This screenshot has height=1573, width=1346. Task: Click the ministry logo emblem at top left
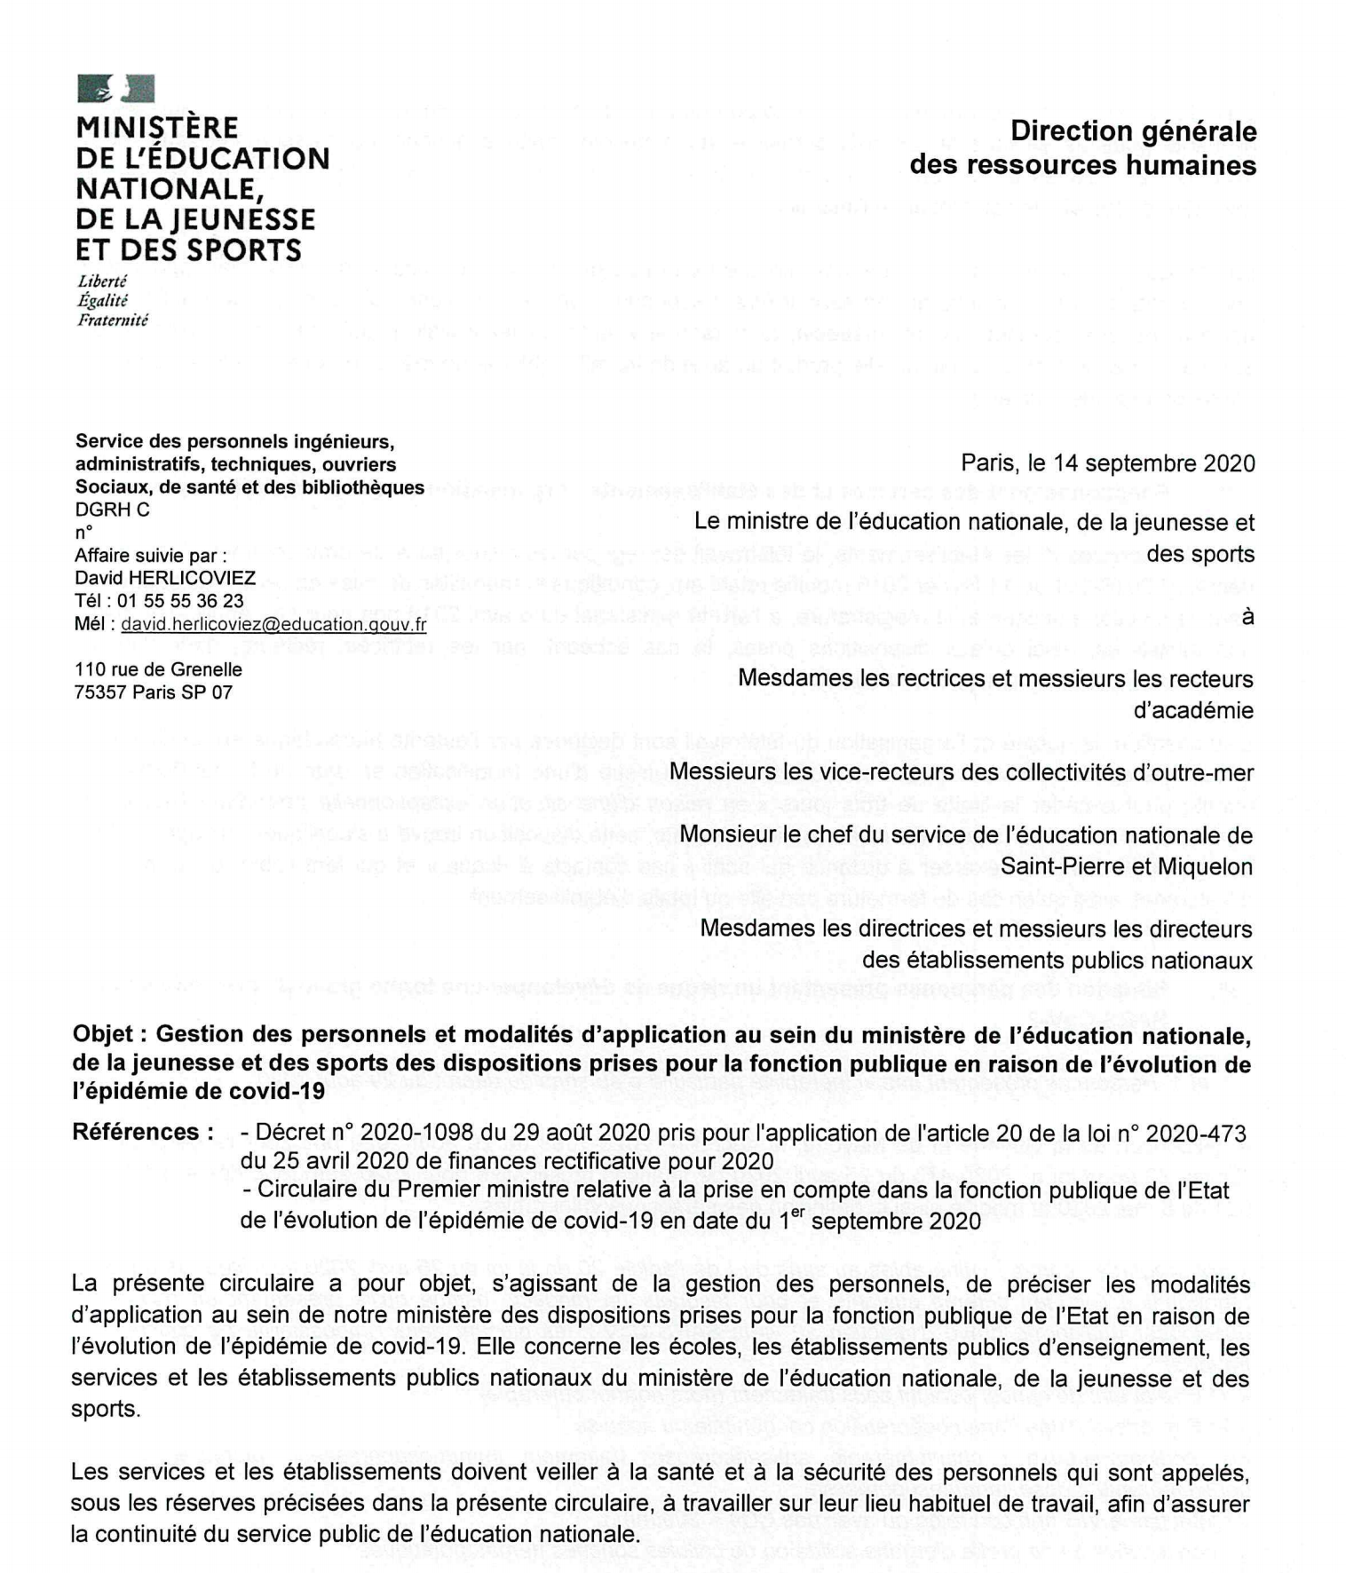click(x=115, y=89)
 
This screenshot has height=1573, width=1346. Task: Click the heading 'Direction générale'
click(x=1133, y=131)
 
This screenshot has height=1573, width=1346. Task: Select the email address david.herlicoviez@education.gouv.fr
click(x=273, y=624)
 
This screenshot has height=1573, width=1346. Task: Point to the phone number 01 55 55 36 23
click(x=180, y=601)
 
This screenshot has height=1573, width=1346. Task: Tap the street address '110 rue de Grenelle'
click(x=158, y=669)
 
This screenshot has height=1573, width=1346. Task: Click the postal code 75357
click(x=100, y=692)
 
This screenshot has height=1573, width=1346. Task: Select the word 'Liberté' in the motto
click(x=102, y=281)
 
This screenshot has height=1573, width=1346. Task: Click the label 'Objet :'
click(x=109, y=1035)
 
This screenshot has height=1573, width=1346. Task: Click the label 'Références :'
click(x=142, y=1133)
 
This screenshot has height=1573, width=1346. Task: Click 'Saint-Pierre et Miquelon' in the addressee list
click(x=1127, y=866)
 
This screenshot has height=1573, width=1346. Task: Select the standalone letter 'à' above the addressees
click(x=1247, y=616)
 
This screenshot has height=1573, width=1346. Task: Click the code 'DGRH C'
click(x=113, y=510)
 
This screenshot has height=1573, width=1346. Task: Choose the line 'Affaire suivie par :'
click(x=151, y=556)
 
